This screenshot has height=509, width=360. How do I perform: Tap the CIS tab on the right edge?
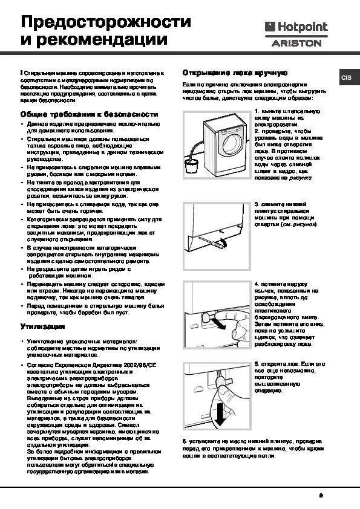(x=346, y=78)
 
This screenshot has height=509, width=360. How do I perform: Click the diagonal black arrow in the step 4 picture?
(x=221, y=325)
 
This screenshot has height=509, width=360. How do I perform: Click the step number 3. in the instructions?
(x=257, y=204)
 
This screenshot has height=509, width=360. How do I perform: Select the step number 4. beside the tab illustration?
(x=257, y=283)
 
